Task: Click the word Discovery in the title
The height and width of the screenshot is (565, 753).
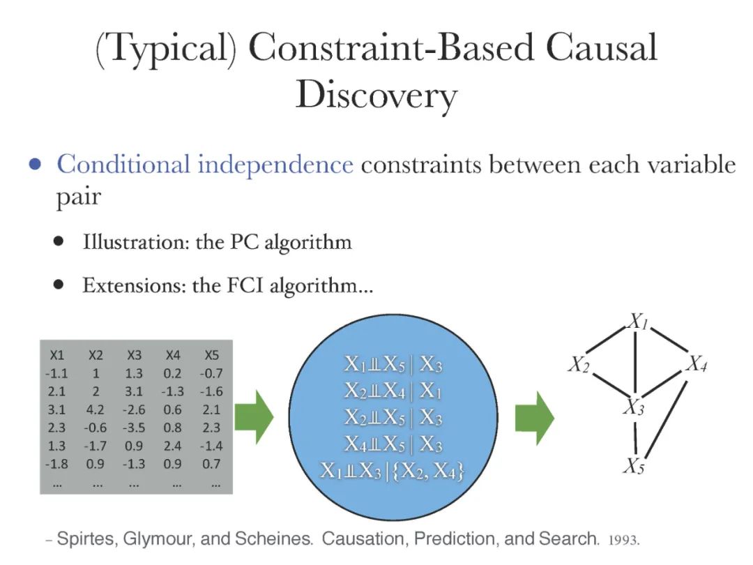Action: click(376, 96)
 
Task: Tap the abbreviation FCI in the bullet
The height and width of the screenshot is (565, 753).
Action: click(243, 285)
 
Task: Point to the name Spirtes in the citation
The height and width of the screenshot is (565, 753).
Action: click(86, 539)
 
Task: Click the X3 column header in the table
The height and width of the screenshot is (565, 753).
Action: click(135, 355)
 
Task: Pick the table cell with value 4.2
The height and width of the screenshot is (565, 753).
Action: click(96, 409)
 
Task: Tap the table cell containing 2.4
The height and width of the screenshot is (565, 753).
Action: click(174, 446)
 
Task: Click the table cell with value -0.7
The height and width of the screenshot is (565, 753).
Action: click(210, 373)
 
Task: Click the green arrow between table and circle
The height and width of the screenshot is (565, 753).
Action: click(254, 418)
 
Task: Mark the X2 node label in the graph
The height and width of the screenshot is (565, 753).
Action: click(578, 364)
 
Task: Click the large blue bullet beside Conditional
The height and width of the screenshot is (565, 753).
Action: click(34, 166)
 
